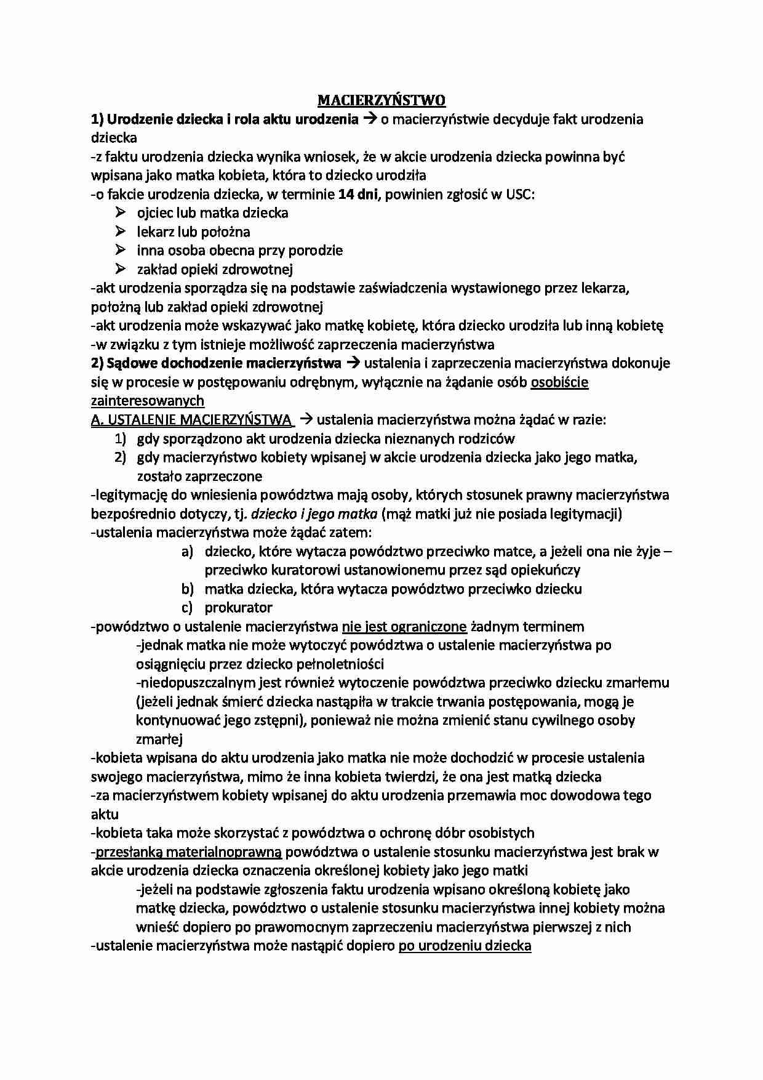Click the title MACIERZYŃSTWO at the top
pos(381,100)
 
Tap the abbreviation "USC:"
pos(521,195)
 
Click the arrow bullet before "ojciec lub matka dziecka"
pos(119,213)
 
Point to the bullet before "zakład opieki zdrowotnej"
pos(119,269)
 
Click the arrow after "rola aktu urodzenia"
pos(369,119)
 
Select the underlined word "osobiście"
pos(559,382)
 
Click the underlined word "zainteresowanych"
pos(147,401)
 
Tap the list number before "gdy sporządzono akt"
pos(119,438)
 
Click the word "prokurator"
pos(238,608)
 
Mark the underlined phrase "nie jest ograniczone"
pos(404,627)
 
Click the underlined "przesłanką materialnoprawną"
pos(188,852)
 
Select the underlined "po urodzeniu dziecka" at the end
pos(465,945)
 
